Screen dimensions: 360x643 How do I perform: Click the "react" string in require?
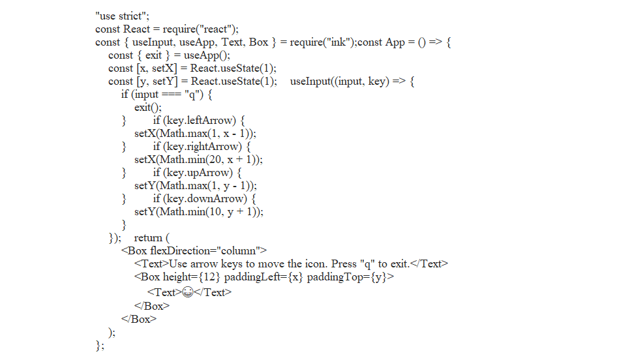(218, 29)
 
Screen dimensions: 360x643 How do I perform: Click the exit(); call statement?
(147, 107)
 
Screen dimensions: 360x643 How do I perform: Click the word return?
(148, 237)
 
